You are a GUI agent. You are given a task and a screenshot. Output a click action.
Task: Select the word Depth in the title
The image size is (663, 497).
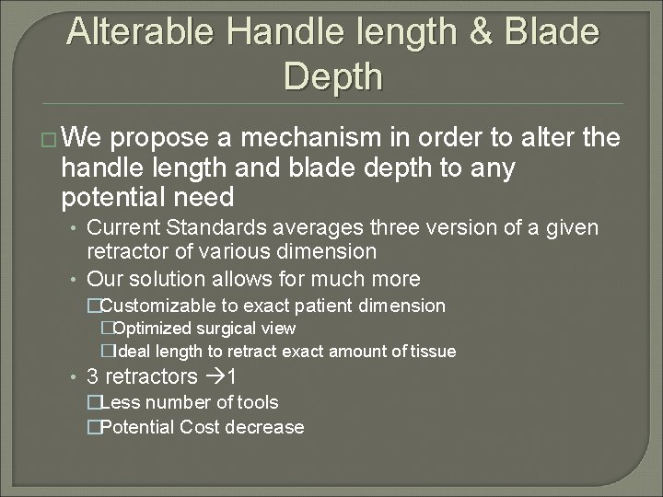click(332, 76)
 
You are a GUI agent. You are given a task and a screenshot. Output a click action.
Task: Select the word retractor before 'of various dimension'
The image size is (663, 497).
click(124, 250)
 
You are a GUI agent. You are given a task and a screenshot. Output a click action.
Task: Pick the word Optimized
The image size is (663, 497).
click(153, 329)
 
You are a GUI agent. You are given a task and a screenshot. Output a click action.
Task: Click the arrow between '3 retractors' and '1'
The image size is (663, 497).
click(213, 376)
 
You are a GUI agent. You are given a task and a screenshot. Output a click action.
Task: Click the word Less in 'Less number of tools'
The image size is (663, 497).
click(116, 402)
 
